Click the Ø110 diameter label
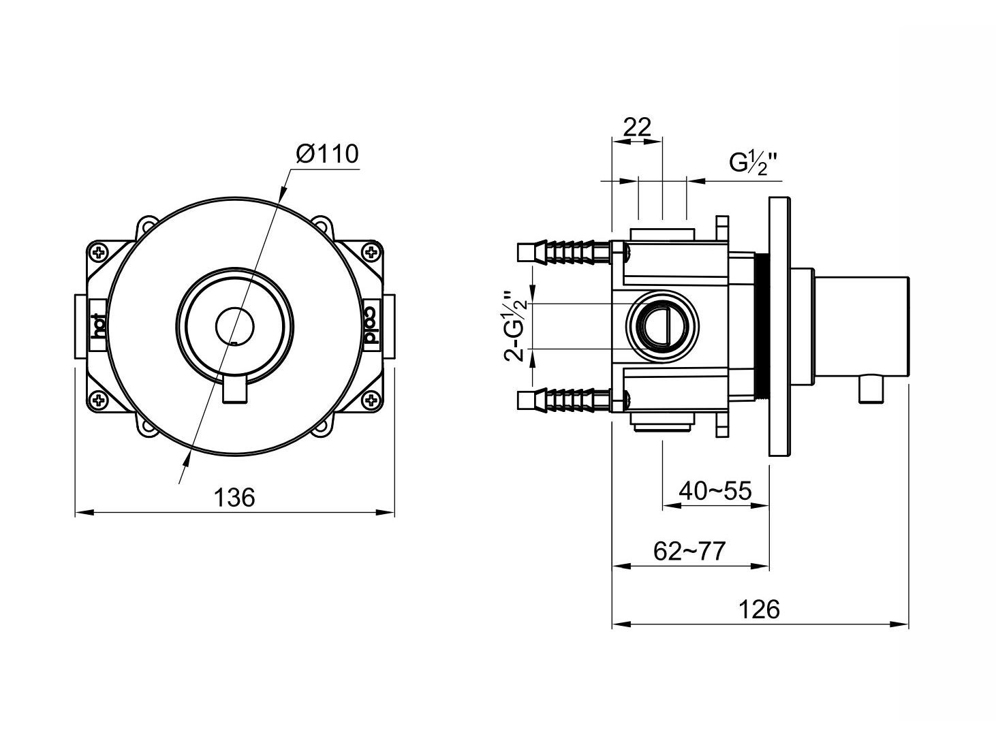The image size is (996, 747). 327,155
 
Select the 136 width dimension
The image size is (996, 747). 234,498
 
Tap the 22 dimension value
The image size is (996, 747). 637,127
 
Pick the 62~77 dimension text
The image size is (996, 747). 690,550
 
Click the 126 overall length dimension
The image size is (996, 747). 760,609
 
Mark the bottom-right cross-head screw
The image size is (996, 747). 372,400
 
